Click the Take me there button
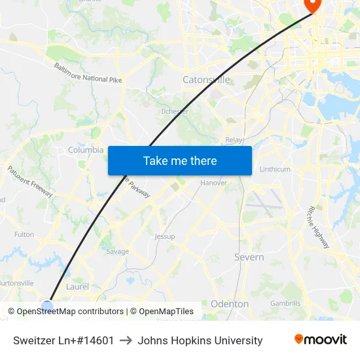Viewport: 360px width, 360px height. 180,160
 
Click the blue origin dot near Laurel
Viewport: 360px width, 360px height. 47,305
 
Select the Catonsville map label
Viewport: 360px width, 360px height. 206,80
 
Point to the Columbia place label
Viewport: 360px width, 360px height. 86,150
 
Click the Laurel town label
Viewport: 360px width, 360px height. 77,287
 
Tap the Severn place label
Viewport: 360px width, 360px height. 249,257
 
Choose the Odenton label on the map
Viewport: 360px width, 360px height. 230,304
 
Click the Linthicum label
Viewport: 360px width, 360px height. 275,169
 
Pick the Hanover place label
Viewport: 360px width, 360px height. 213,183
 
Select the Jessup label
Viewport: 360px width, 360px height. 164,236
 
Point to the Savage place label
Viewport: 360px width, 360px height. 117,251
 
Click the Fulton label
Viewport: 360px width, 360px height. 24,234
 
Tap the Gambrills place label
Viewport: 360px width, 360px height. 285,303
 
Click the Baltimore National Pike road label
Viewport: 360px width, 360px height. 88,73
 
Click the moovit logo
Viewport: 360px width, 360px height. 321,340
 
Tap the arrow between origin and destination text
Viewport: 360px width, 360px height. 126,340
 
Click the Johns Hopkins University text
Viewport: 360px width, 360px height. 200,340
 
